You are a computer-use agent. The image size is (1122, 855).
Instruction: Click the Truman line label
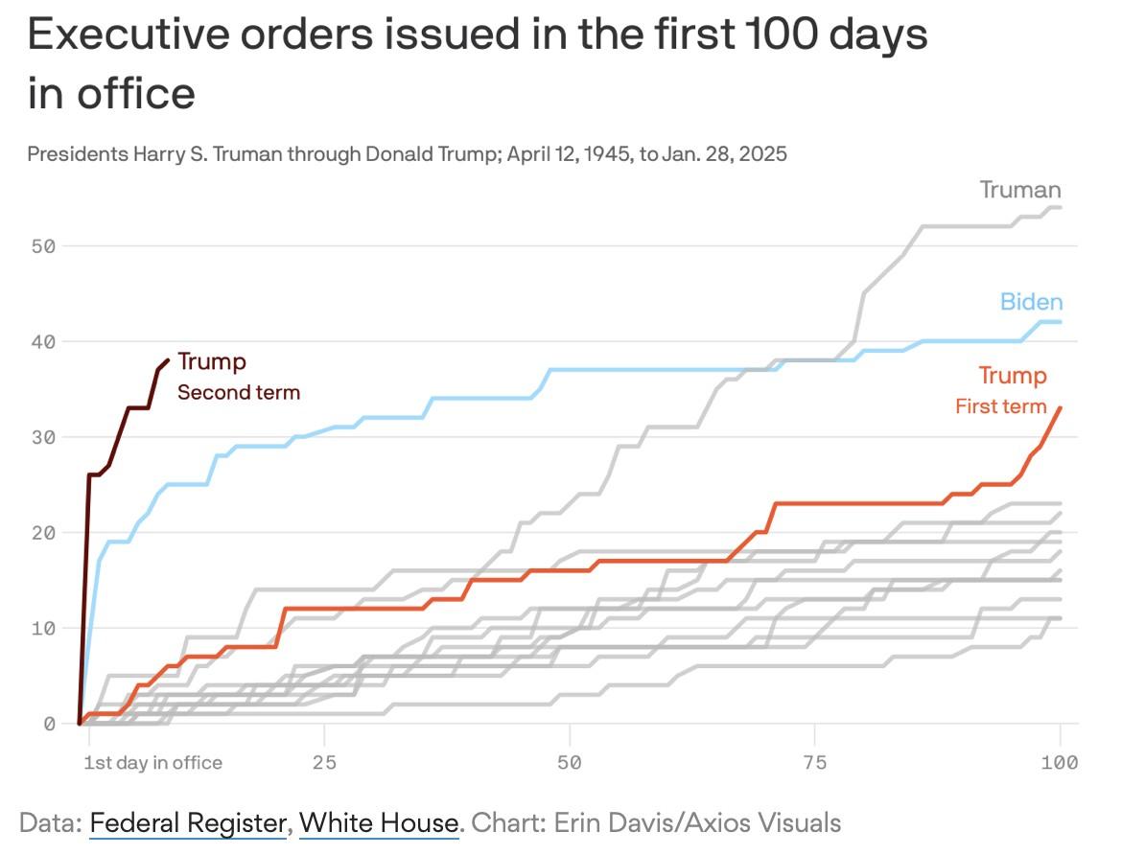click(x=1020, y=190)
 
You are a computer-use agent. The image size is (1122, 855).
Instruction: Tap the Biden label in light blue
click(x=1031, y=302)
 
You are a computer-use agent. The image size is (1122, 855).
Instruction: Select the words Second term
click(x=239, y=392)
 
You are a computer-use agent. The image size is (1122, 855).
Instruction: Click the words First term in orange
click(x=1000, y=406)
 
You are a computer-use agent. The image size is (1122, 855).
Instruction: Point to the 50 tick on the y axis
click(x=42, y=245)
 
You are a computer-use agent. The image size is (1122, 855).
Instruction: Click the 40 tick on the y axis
click(x=42, y=341)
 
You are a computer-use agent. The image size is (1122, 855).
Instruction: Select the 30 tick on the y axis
click(x=42, y=437)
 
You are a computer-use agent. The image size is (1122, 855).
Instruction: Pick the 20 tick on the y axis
click(x=42, y=532)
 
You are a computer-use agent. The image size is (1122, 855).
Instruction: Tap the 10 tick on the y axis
click(x=42, y=628)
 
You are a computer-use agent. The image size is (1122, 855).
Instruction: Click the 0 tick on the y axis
click(x=48, y=724)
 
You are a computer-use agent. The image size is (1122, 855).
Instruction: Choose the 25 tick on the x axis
click(x=325, y=763)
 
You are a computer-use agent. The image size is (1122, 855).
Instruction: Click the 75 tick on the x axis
click(x=814, y=763)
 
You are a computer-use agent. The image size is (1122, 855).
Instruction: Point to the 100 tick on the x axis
click(x=1059, y=763)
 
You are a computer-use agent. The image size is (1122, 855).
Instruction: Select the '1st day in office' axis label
click(x=152, y=763)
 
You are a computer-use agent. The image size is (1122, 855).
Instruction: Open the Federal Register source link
click(x=188, y=822)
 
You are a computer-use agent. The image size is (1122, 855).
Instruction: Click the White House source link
click(x=379, y=822)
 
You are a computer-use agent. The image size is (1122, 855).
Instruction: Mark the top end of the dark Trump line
click(x=169, y=360)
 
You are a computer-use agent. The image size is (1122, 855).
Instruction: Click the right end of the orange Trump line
click(x=1060, y=408)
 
